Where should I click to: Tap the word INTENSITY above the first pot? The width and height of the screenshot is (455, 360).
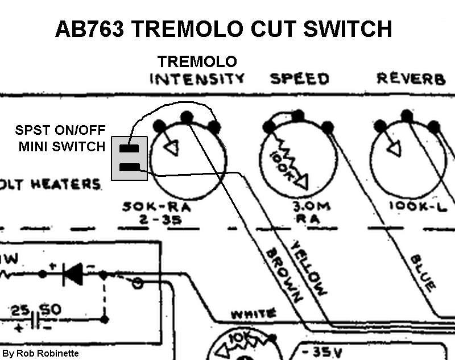(x=197, y=78)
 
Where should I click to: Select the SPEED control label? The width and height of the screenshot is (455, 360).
(x=300, y=78)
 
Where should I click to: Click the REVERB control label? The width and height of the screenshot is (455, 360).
(x=411, y=78)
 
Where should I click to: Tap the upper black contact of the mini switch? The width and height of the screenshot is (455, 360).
(x=130, y=149)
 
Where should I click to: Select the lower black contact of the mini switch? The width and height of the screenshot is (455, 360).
(x=130, y=167)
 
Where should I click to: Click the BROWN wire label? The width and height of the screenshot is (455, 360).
(x=283, y=276)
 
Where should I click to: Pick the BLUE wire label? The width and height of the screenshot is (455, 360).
(x=421, y=270)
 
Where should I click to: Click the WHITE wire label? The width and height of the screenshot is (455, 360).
(x=253, y=313)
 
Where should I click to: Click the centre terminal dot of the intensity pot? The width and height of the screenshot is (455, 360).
(x=187, y=117)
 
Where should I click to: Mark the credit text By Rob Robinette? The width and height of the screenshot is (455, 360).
(x=40, y=353)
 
